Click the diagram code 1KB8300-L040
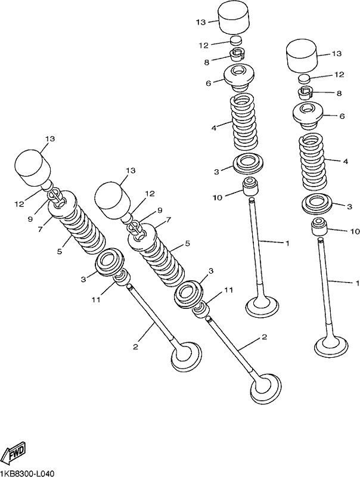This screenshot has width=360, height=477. pos(27,473)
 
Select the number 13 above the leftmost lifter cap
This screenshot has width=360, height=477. pos(51,139)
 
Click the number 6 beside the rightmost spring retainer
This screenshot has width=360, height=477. pos(342,116)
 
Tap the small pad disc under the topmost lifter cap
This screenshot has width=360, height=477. pos(236,41)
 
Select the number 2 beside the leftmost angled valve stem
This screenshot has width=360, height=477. pos(136,346)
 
